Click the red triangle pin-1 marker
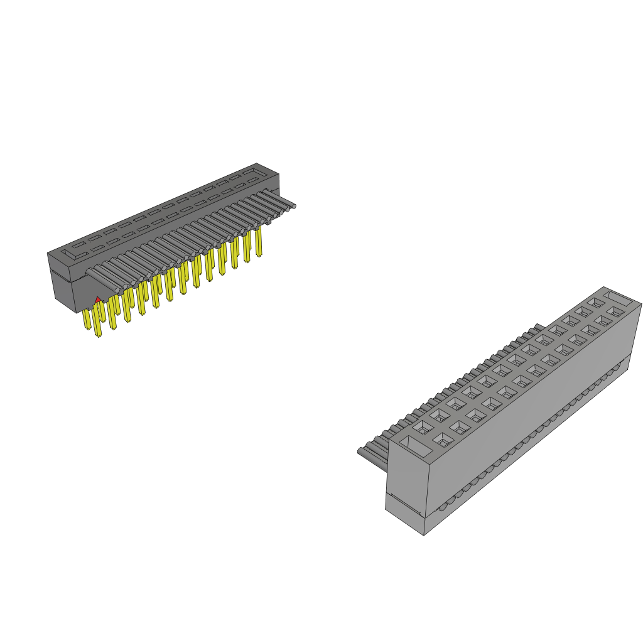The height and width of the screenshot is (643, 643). point(98,300)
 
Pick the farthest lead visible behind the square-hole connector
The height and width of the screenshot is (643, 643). point(538,327)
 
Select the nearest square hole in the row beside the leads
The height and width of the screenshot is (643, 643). point(423,426)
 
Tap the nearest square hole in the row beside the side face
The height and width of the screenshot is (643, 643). point(443,440)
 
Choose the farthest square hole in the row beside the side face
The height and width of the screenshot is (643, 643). point(615,312)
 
